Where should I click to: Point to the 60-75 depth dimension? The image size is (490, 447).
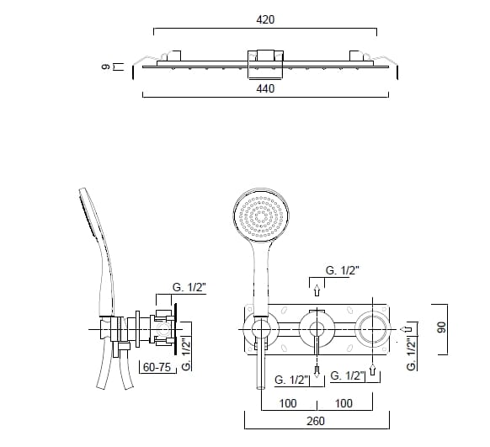coord(157,368)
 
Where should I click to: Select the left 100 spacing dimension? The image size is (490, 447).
coord(288,403)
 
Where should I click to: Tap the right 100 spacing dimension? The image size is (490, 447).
coord(344,403)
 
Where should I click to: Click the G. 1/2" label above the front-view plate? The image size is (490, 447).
coord(341,271)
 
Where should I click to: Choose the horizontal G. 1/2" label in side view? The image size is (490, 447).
coord(189,288)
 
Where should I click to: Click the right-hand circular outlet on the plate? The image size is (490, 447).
coord(373,327)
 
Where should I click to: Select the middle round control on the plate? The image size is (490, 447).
coord(316,327)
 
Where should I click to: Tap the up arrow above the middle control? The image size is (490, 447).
coord(316,292)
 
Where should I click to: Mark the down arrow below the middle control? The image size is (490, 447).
coord(316,370)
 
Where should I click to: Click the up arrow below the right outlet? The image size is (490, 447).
coord(373,369)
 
